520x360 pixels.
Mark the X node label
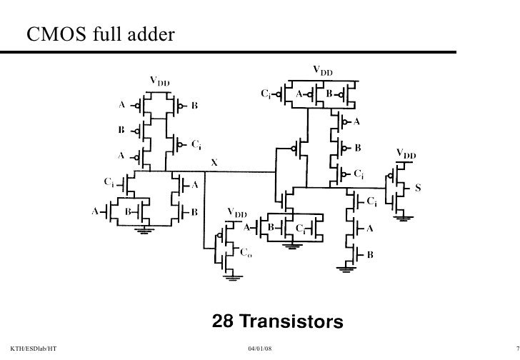click(x=211, y=164)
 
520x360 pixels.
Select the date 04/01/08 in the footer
click(x=259, y=347)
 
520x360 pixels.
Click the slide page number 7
click(x=515, y=347)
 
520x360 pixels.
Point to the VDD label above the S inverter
click(x=406, y=154)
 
